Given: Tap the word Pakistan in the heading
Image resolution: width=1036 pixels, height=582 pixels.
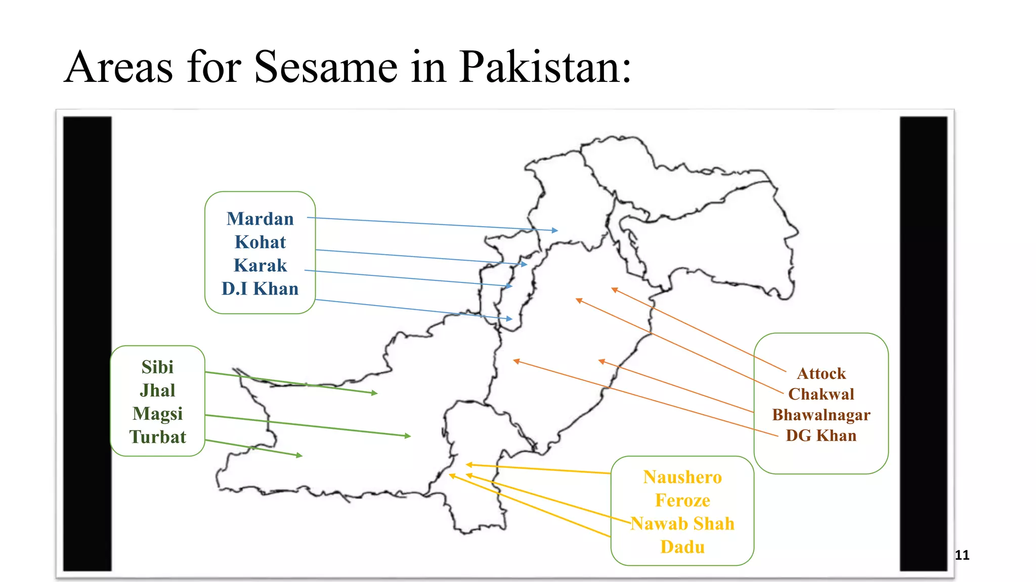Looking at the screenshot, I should [x=545, y=67].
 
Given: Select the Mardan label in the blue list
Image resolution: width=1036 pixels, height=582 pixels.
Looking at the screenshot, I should [x=260, y=219].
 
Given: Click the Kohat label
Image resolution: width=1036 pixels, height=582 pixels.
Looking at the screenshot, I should [x=260, y=242].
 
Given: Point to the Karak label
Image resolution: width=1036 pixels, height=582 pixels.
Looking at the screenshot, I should [x=260, y=265].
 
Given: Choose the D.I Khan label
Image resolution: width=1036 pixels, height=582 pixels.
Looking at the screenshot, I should [x=260, y=288].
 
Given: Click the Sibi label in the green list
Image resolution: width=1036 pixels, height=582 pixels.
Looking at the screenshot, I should [x=157, y=367].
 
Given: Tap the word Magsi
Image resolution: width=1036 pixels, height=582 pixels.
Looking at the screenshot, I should [x=157, y=414].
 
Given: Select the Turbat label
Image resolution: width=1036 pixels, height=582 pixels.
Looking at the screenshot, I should [x=157, y=437].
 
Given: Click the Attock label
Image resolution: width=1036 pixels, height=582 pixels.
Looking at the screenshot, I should [x=821, y=373].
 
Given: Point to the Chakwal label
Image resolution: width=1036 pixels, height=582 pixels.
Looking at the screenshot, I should [x=821, y=394].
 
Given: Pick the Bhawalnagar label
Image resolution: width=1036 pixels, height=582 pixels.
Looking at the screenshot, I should [x=821, y=415].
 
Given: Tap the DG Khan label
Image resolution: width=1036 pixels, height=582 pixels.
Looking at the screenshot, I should [x=821, y=435].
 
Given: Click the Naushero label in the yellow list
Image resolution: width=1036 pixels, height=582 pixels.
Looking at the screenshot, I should [x=682, y=477].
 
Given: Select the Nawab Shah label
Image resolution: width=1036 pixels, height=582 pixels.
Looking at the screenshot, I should [x=682, y=523].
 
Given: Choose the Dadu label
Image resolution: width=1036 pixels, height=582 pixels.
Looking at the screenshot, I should [x=682, y=547].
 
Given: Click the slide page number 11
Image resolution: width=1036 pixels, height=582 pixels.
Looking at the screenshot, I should [x=962, y=555].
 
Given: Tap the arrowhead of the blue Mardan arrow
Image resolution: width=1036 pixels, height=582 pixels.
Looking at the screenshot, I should [x=555, y=230].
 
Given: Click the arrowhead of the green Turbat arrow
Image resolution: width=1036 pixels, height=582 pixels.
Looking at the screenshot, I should [x=300, y=455].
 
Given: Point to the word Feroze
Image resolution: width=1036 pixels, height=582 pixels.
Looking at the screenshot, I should [x=682, y=500].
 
